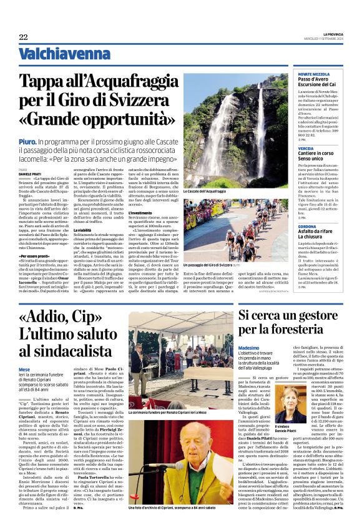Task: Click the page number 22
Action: [23, 37]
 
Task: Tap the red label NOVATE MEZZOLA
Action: [313, 74]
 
